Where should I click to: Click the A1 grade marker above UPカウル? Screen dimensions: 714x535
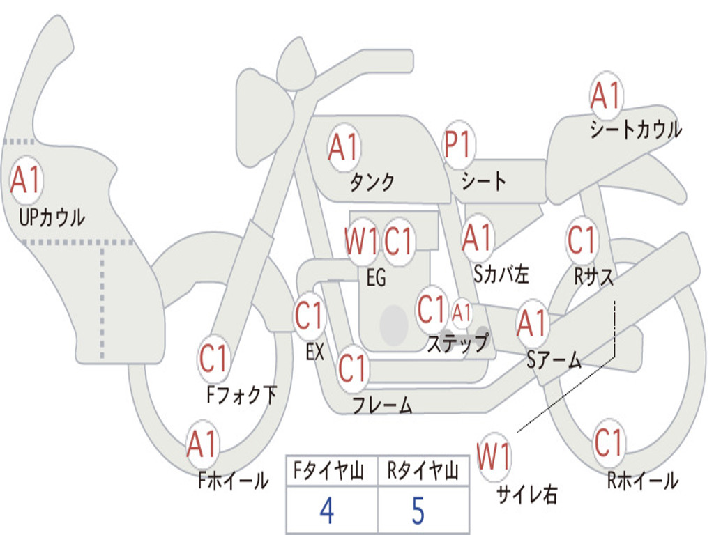pyautogui.click(x=26, y=180)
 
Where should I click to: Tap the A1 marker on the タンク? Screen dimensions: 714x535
pyautogui.click(x=344, y=148)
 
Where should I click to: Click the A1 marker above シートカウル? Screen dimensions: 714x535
pyautogui.click(x=607, y=95)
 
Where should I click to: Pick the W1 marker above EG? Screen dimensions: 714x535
pyautogui.click(x=362, y=241)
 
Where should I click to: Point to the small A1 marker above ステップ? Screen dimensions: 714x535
pyautogui.click(x=462, y=313)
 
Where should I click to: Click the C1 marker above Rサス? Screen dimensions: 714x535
pyautogui.click(x=582, y=240)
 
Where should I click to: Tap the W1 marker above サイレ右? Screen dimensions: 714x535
pyautogui.click(x=494, y=456)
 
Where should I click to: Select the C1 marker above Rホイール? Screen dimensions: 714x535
pyautogui.click(x=608, y=442)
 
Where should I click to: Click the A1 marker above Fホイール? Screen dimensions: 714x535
pyautogui.click(x=202, y=444)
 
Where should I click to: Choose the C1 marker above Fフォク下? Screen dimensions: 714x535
pyautogui.click(x=213, y=359)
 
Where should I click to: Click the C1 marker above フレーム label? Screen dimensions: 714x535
pyautogui.click(x=352, y=368)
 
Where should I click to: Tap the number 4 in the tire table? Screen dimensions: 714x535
pyautogui.click(x=326, y=511)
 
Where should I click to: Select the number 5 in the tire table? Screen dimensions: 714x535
pyautogui.click(x=418, y=511)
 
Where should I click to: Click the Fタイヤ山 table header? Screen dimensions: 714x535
pyautogui.click(x=329, y=471)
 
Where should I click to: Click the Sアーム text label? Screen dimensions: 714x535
pyautogui.click(x=554, y=359)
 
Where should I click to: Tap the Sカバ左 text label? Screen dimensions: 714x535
pyautogui.click(x=501, y=274)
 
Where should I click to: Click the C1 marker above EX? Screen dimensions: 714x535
pyautogui.click(x=309, y=315)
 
